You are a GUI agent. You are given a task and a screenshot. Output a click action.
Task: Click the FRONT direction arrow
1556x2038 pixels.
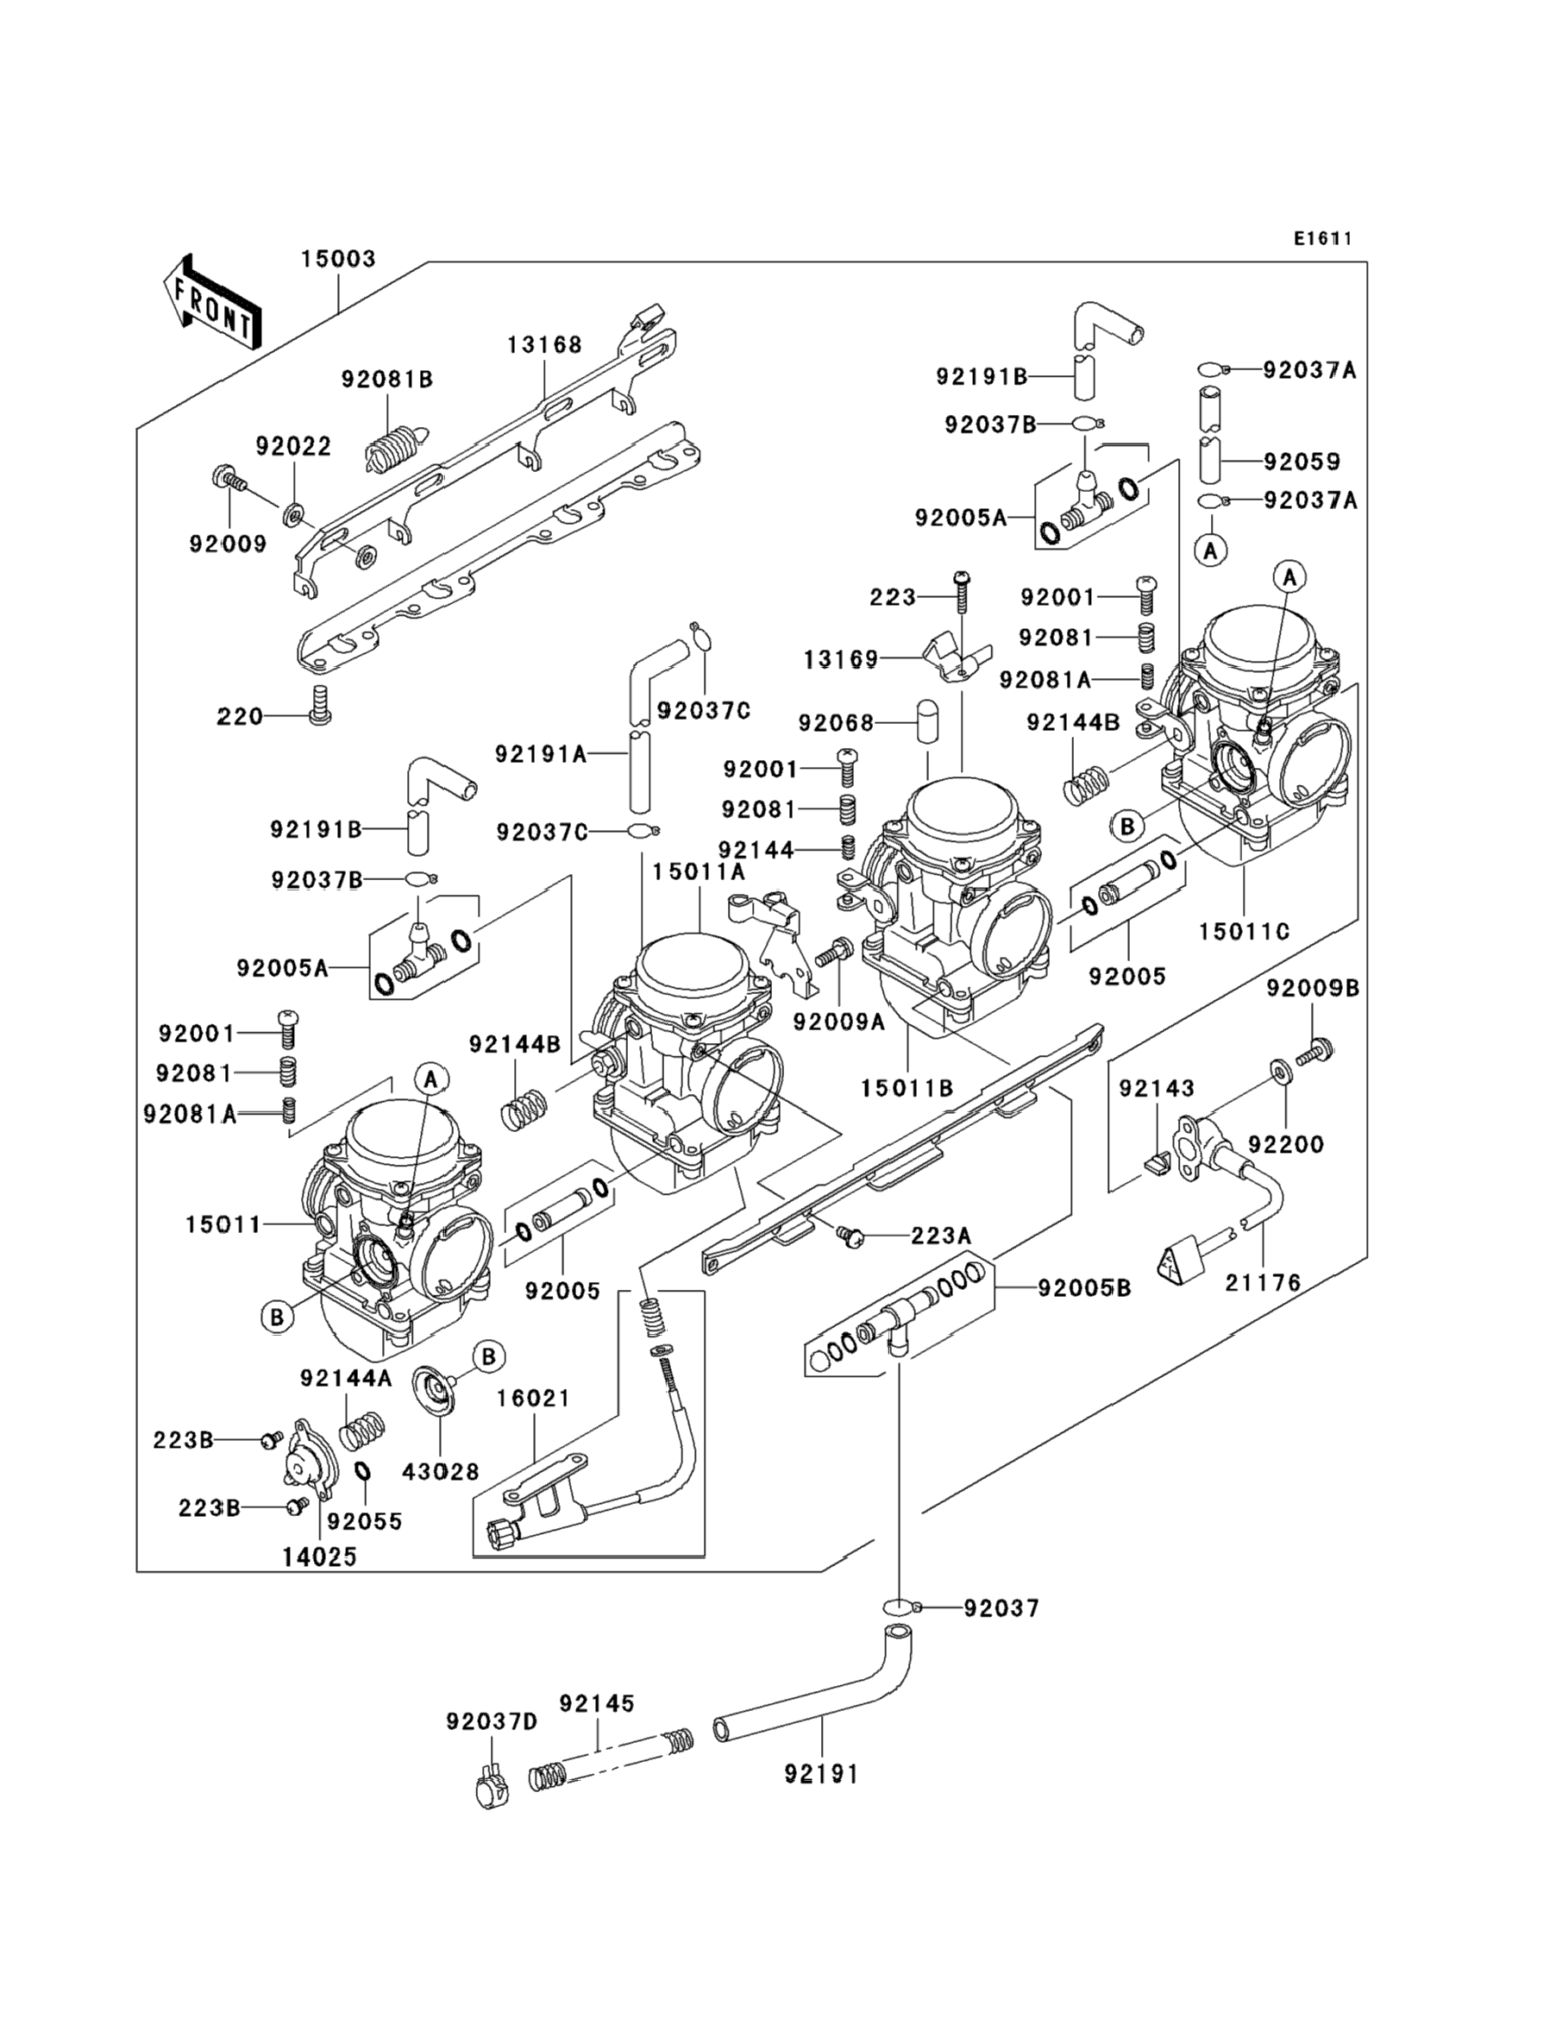click(210, 303)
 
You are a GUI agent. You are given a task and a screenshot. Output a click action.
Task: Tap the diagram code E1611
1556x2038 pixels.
click(1322, 239)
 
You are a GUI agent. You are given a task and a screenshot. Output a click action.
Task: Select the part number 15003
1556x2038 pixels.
click(338, 259)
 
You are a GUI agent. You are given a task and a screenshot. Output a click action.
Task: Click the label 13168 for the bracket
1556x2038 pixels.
click(544, 344)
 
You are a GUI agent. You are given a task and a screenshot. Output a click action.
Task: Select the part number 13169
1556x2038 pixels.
click(840, 659)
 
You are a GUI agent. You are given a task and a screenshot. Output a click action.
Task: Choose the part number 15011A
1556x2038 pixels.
click(699, 871)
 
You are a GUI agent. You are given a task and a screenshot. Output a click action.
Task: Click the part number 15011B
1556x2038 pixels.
click(907, 1089)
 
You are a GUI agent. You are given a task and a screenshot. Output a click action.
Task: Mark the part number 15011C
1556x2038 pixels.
click(1244, 931)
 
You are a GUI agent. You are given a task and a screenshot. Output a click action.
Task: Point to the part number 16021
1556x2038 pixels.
click(534, 1398)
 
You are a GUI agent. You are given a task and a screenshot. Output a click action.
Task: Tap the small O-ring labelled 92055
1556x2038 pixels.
click(364, 1472)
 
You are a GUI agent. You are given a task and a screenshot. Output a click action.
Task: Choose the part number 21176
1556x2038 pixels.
click(1263, 1283)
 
